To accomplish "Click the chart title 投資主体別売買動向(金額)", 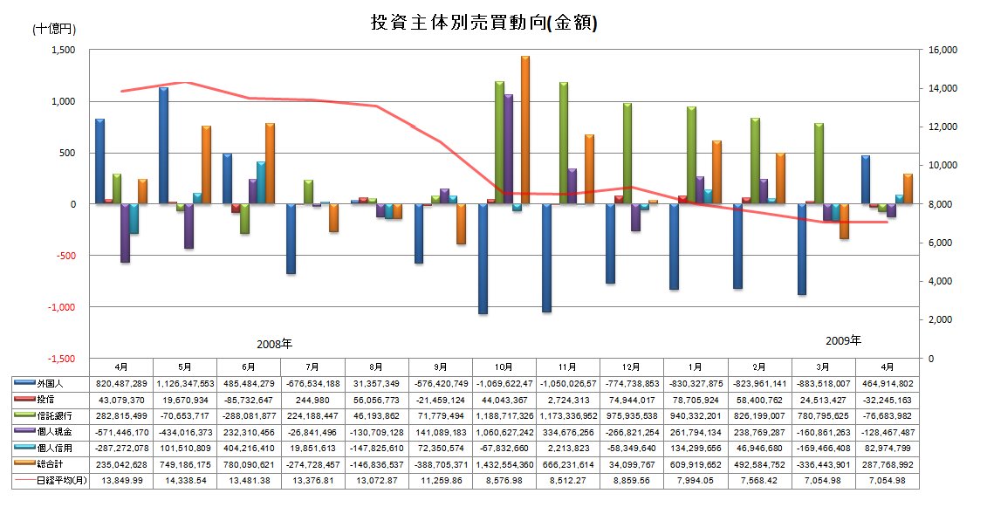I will pyautogui.click(x=484, y=24).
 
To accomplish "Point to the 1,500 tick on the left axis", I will pyautogui.click(x=64, y=51).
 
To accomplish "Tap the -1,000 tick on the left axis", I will pyautogui.click(x=61, y=307).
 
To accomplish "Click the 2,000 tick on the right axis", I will pyautogui.click(x=940, y=320).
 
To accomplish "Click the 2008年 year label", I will pyautogui.click(x=274, y=344).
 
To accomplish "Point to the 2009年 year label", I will pyautogui.click(x=843, y=339).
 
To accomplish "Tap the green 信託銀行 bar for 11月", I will pyautogui.click(x=563, y=143).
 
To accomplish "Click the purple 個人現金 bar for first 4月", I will pyautogui.click(x=125, y=233).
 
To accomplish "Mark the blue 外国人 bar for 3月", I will pyautogui.click(x=801, y=249).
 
